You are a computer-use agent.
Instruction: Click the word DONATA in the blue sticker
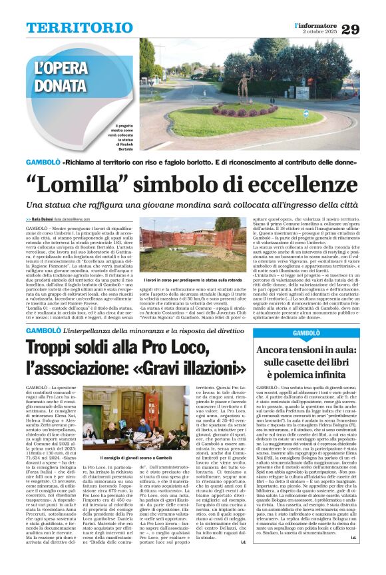pyautogui.click(x=61, y=85)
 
